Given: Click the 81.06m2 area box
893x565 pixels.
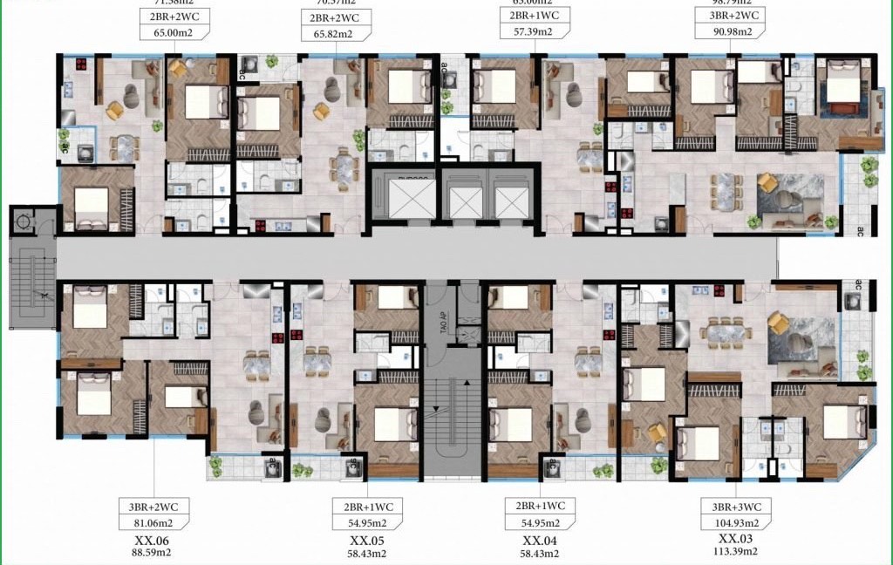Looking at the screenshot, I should pos(154,523).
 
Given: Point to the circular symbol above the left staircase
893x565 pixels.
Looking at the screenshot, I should pos(26,222).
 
